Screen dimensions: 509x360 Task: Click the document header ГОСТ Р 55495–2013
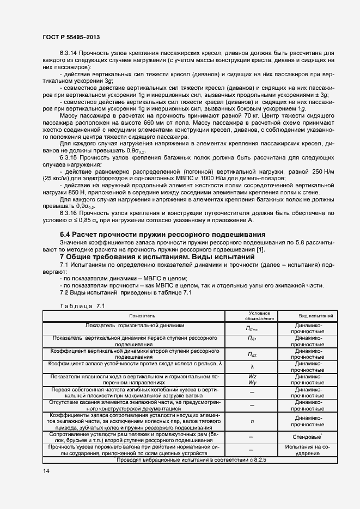tap(71, 37)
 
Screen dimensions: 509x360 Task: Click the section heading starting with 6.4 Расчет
tap(162, 235)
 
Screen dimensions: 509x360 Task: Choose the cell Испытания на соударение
tap(308, 450)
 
